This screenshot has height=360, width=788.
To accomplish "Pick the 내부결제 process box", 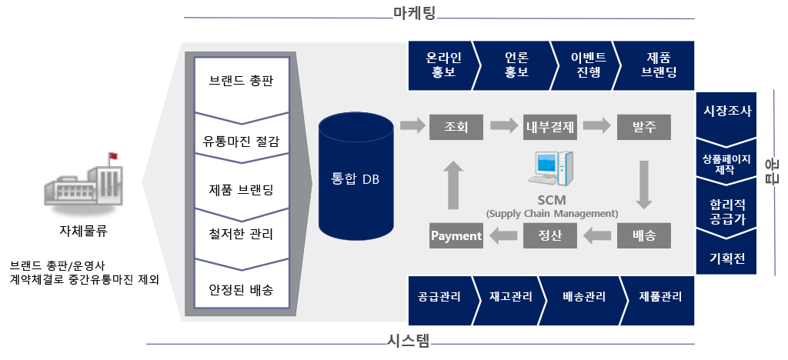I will [x=550, y=125].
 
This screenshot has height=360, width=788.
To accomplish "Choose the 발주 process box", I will [x=643, y=125].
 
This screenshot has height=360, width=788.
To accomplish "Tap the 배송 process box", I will [x=643, y=235].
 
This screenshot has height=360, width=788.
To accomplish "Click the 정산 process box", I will [x=550, y=235].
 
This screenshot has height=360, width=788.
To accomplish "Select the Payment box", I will [x=456, y=235].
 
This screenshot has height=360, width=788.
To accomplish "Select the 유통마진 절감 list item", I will [x=241, y=142].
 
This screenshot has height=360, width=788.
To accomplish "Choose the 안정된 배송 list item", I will [x=241, y=290].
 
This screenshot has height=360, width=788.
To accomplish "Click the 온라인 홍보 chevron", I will [x=442, y=65].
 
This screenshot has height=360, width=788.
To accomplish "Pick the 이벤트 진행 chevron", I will [x=589, y=65].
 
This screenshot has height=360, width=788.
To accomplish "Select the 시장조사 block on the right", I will [x=727, y=109].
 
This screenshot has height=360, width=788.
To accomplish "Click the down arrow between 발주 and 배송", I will [x=645, y=185].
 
